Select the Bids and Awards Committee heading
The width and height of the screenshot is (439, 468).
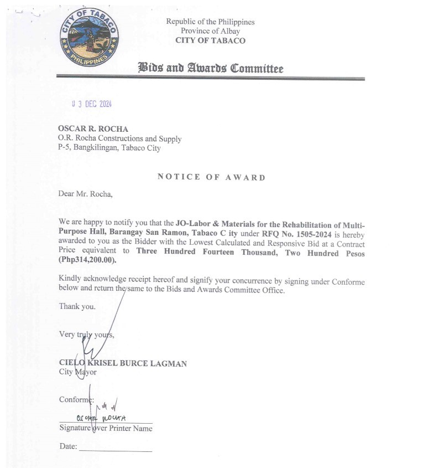coord(210,69)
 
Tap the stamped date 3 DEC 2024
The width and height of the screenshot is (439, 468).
coord(92,104)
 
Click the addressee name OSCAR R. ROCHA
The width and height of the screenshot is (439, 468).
coord(93,129)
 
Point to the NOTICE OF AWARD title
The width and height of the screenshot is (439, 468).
coord(211,177)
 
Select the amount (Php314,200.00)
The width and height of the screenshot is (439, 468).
coord(88,260)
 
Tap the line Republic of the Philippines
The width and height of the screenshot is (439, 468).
coord(210,22)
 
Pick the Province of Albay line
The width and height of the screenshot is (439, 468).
coord(210,31)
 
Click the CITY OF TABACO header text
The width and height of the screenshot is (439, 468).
coord(210,40)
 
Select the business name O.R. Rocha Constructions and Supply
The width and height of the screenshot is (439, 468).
coord(119,138)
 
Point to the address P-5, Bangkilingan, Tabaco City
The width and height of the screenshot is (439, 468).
coord(109,148)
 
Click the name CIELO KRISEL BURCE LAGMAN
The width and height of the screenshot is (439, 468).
coord(123,363)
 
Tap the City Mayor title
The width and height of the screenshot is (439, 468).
coord(77,372)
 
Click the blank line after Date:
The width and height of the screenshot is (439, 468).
coord(115,450)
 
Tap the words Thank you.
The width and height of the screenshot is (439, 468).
coord(77,306)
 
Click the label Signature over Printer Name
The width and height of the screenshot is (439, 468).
coord(106,428)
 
